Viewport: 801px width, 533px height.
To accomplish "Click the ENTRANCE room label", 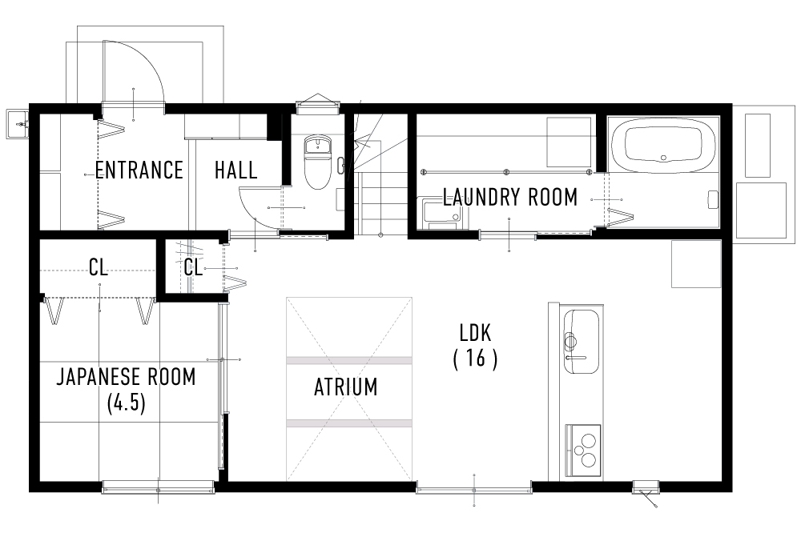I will tap(139, 170).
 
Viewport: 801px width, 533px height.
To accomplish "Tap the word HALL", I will tap(236, 170).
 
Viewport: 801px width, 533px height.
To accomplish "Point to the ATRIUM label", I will tap(345, 388).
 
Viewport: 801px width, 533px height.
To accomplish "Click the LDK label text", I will tap(476, 332).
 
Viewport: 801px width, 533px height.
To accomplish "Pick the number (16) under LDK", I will tap(476, 359).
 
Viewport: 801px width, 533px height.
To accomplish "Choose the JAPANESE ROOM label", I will tap(126, 377).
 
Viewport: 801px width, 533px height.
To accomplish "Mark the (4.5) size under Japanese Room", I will tap(126, 403).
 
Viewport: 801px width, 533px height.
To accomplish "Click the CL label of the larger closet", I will tap(99, 268).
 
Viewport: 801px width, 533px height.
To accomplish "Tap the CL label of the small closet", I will tap(193, 268).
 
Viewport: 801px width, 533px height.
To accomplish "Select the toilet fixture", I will tap(318, 160).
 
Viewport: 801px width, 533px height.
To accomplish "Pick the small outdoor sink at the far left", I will tap(16, 122).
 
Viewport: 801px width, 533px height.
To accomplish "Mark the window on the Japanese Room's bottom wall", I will tap(158, 487).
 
